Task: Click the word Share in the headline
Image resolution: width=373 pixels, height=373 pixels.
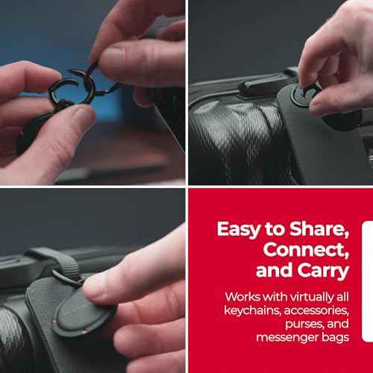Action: pos(319,229)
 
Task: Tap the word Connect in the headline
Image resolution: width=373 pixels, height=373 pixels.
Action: pos(306,250)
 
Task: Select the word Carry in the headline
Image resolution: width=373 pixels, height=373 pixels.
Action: pos(324,271)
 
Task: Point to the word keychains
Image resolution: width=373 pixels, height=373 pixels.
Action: pos(252,310)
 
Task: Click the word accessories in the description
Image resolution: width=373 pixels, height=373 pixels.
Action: pos(316,310)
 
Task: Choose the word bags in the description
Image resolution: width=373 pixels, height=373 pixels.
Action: pos(336,338)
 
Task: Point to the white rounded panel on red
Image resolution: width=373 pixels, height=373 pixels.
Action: pos(368,281)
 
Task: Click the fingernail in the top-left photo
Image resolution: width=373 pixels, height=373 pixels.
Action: pos(114,53)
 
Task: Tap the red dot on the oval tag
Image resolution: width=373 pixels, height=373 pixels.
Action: pos(84,332)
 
